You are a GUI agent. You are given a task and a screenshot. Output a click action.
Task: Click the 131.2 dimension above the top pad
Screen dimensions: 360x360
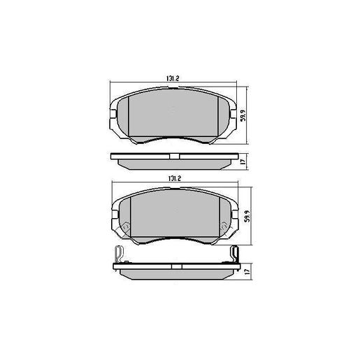click(x=171, y=78)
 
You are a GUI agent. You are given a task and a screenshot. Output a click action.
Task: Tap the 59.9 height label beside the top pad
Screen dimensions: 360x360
click(x=244, y=113)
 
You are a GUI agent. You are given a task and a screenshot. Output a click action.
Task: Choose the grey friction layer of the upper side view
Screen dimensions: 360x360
click(x=173, y=162)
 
